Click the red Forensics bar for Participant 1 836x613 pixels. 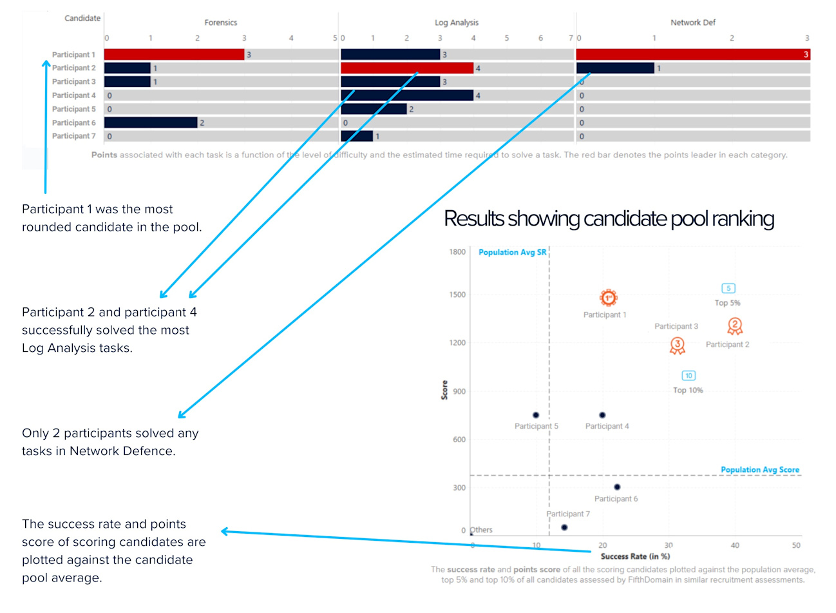[x=174, y=55]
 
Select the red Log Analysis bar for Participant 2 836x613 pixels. [x=406, y=68]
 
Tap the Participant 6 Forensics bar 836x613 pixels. [x=151, y=122]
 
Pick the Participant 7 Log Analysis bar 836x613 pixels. [x=357, y=136]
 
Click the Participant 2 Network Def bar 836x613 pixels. [x=615, y=68]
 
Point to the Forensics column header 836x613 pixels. [x=221, y=23]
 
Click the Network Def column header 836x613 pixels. [x=693, y=23]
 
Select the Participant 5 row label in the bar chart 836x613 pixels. [x=74, y=109]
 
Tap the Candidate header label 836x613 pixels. [x=82, y=18]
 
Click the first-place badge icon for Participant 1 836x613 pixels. [x=608, y=298]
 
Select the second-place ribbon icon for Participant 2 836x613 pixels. [x=735, y=327]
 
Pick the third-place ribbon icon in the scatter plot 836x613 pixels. [x=677, y=346]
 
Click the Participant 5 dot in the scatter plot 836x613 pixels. [x=536, y=415]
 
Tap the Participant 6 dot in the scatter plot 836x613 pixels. [x=617, y=487]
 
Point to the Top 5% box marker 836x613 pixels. [x=728, y=289]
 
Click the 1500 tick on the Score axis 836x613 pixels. [x=457, y=295]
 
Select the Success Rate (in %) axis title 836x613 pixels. [x=635, y=556]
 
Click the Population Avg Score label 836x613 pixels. [x=760, y=470]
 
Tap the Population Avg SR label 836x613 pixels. [x=512, y=253]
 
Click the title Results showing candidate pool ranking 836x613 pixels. [x=609, y=219]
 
